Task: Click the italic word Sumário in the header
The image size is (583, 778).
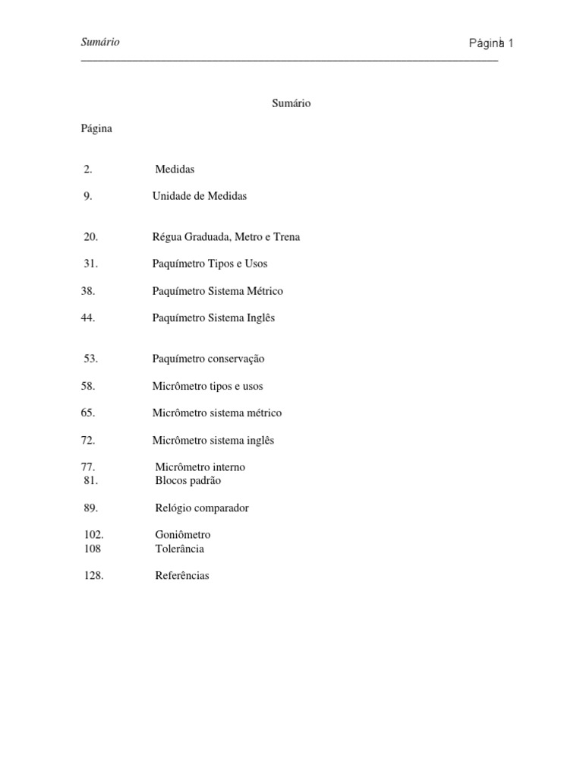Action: (x=100, y=43)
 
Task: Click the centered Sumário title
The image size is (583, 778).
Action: (x=291, y=103)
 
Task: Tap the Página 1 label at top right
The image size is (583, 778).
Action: (x=491, y=43)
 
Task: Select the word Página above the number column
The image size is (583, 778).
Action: (x=96, y=128)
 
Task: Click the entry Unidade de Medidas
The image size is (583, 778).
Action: (x=200, y=196)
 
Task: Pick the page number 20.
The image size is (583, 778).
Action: (x=91, y=237)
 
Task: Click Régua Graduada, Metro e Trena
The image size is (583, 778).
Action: (x=226, y=237)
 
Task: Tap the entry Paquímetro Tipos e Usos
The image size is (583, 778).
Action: (x=210, y=264)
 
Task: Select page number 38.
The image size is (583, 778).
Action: (x=88, y=291)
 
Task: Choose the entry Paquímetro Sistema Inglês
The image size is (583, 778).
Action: (x=213, y=318)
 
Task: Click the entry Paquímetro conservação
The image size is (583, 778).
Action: (x=209, y=359)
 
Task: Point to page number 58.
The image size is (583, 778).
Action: (x=88, y=386)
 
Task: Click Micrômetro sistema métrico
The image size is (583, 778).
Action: (x=217, y=413)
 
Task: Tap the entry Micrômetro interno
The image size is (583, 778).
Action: (x=200, y=467)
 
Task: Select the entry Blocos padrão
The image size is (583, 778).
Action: (x=188, y=480)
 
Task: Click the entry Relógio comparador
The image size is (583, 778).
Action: (x=202, y=508)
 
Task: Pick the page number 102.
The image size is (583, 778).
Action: (x=94, y=535)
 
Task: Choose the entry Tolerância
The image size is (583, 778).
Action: (x=180, y=549)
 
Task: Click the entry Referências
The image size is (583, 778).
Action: (x=182, y=576)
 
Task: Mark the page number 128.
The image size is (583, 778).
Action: (x=94, y=576)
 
